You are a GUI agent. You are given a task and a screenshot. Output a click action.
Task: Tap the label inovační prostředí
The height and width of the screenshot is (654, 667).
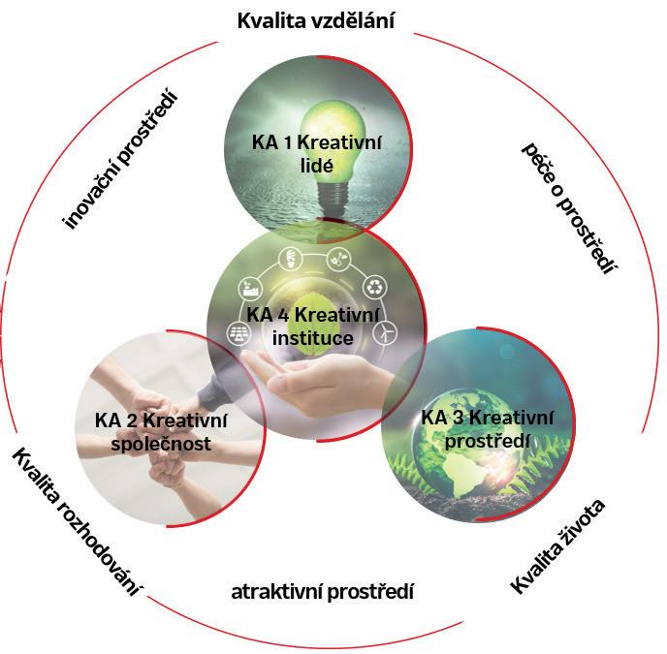click(123, 161)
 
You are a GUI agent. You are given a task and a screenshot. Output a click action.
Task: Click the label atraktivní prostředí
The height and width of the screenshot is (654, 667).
click(322, 591)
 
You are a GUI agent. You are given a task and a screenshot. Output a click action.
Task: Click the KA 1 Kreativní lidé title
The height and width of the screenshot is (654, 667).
click(316, 154)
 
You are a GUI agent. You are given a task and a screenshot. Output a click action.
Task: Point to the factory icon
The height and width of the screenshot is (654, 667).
click(247, 288)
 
